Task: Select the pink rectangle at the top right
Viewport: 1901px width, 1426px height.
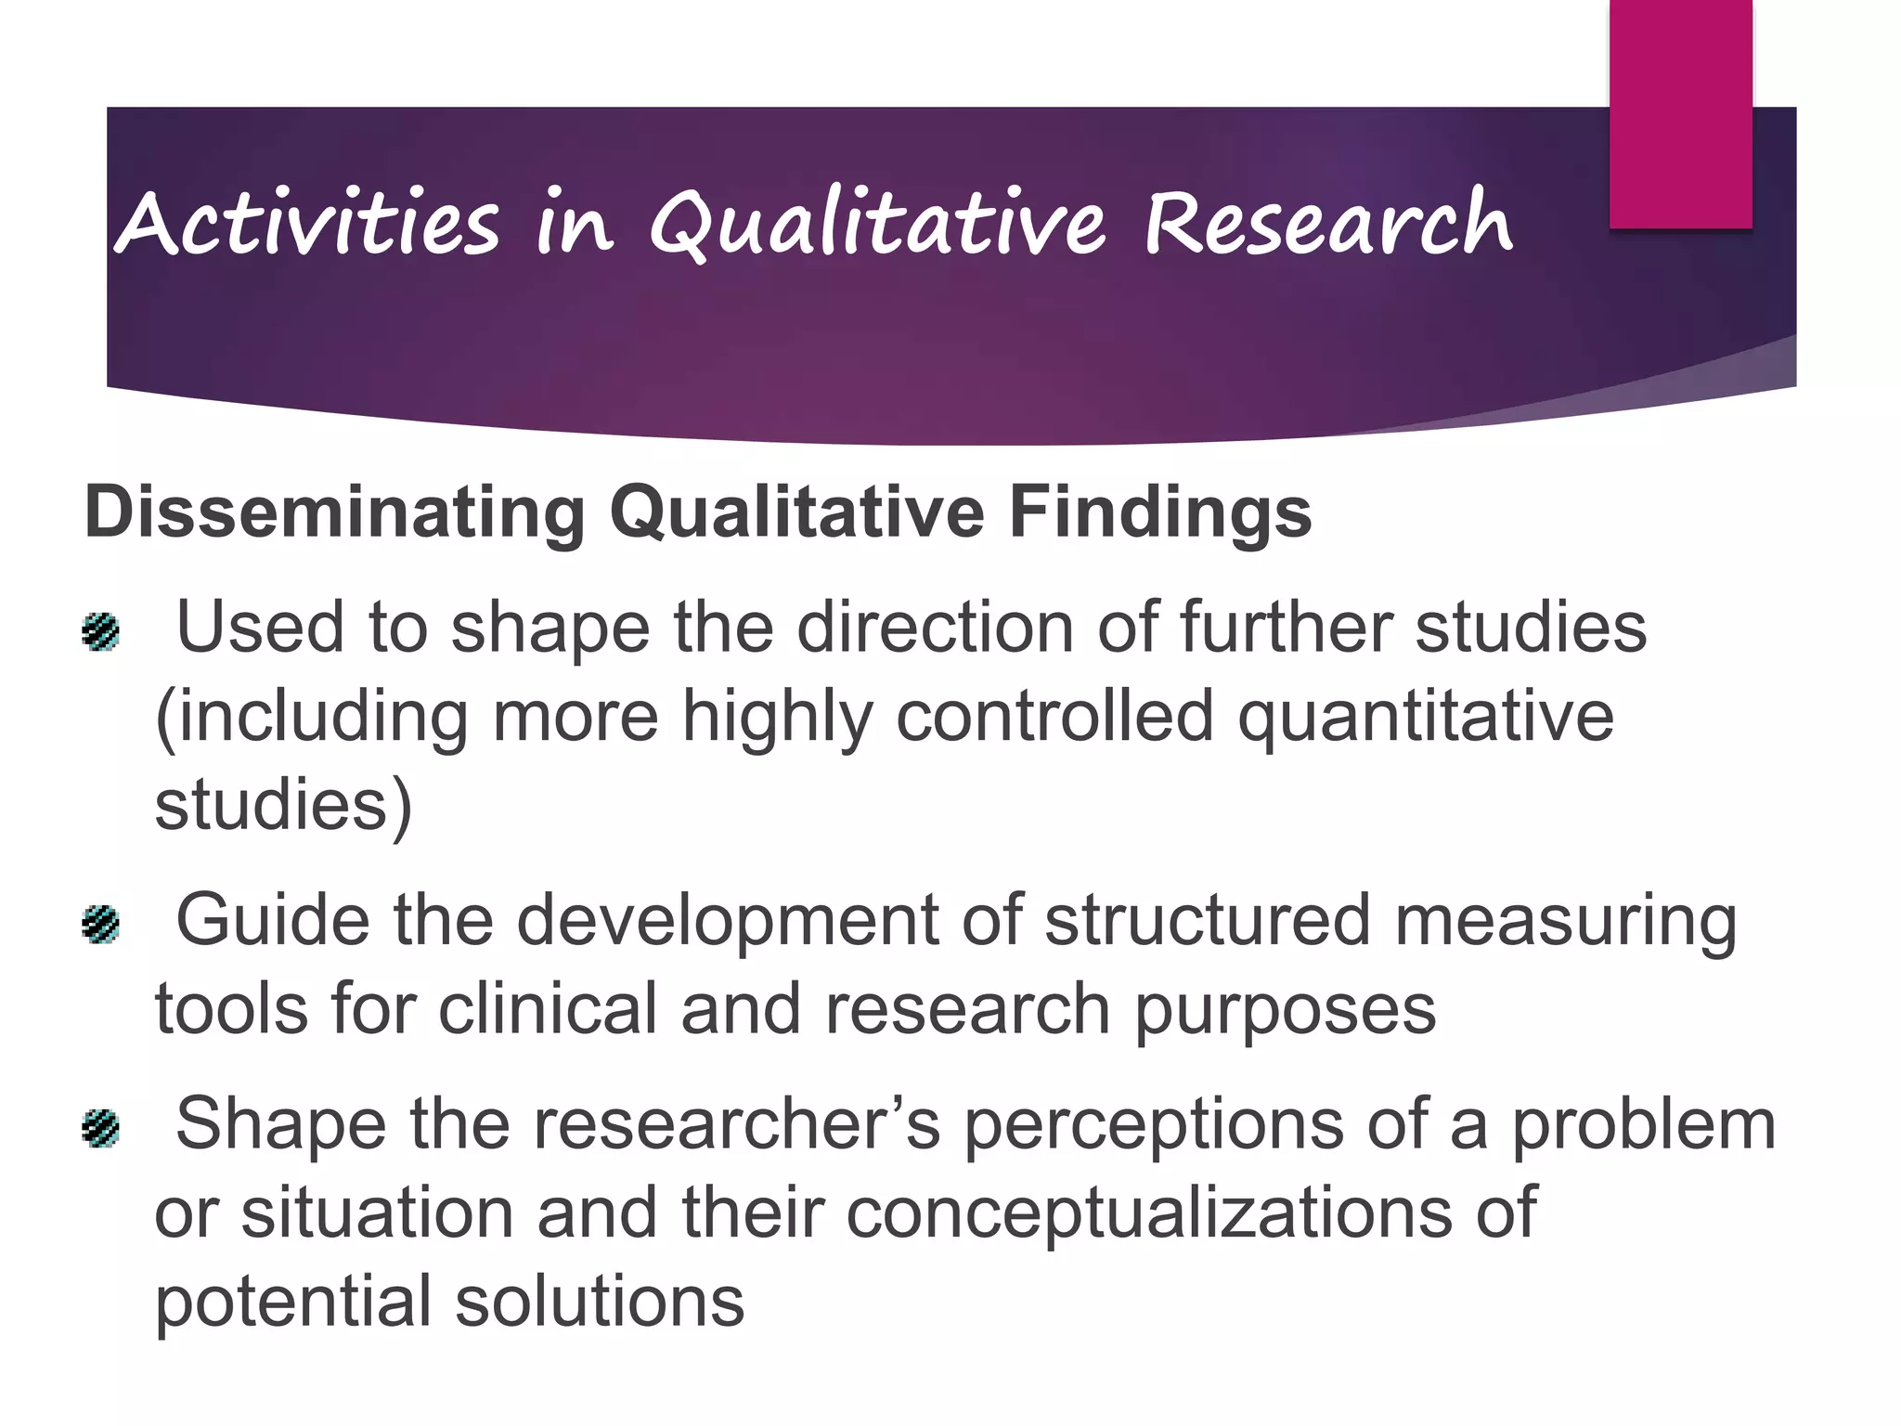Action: (1680, 113)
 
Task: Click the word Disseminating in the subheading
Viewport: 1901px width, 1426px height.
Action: (334, 512)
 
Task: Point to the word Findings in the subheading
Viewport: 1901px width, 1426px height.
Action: (1160, 512)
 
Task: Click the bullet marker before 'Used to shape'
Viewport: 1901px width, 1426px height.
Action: (101, 632)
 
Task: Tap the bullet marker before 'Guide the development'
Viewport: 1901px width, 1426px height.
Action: (101, 924)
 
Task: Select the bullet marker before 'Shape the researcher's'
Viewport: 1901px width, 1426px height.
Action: (101, 1128)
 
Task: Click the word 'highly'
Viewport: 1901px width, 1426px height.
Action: (778, 716)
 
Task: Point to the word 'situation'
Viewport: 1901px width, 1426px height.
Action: (377, 1212)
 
